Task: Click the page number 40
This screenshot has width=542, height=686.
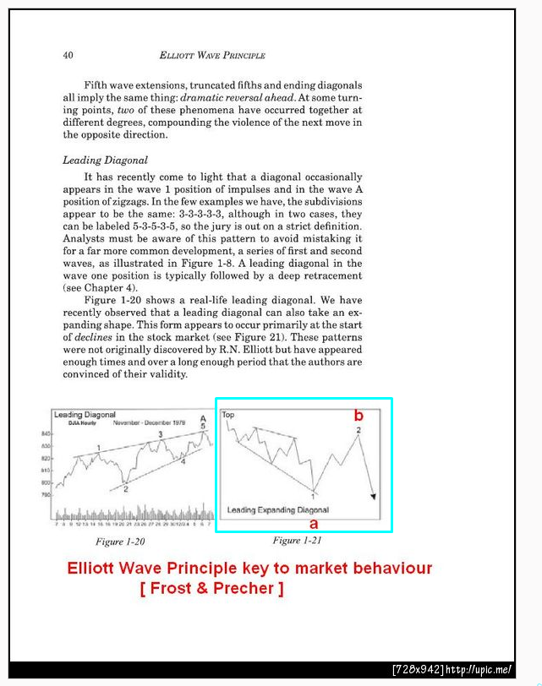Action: click(68, 56)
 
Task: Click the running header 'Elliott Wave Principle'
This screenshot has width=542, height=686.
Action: click(211, 56)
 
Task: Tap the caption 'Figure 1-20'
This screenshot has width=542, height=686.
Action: click(120, 542)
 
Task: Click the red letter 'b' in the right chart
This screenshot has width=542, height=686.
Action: click(359, 416)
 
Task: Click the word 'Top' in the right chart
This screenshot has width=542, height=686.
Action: click(228, 416)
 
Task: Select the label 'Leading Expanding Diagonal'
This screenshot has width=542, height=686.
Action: click(277, 510)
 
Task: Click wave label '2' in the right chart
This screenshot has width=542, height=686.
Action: click(359, 431)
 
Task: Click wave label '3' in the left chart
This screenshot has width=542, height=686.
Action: click(161, 434)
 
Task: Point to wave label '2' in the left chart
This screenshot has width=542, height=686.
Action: click(124, 489)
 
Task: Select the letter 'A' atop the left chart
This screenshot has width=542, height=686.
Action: click(203, 419)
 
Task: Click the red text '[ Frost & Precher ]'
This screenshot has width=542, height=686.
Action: click(211, 588)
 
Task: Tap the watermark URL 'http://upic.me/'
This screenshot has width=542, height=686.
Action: click(479, 670)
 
